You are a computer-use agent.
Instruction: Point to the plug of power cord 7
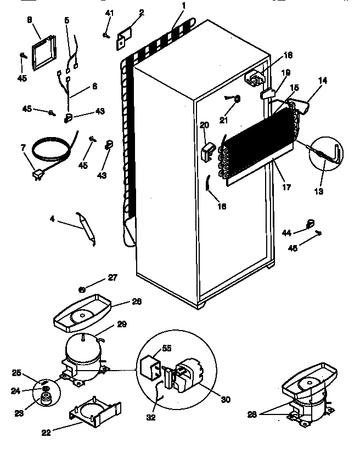point(38,175)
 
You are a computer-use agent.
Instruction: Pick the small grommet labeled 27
point(81,288)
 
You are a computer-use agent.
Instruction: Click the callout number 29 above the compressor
point(121,325)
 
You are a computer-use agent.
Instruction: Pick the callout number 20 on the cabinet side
point(204,125)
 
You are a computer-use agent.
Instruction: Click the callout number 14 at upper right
point(322,81)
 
